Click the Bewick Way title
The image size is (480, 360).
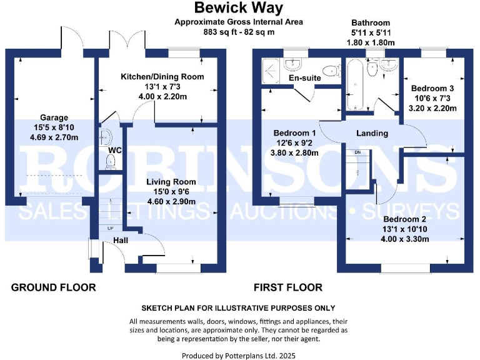click(x=239, y=7)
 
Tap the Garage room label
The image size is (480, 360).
click(x=54, y=117)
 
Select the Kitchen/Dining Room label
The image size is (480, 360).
click(x=162, y=76)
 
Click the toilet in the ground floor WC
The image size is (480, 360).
click(x=110, y=162)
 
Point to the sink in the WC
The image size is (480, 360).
click(x=106, y=137)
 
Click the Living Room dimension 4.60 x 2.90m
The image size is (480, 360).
click(x=171, y=201)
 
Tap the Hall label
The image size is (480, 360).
click(x=121, y=240)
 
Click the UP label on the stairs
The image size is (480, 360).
click(x=110, y=228)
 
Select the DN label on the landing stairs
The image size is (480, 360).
click(x=357, y=152)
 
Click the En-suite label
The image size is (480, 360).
click(x=305, y=77)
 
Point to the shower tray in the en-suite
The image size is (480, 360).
click(x=271, y=71)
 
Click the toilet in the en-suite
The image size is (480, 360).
click(x=331, y=71)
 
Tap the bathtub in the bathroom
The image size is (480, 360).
click(x=355, y=84)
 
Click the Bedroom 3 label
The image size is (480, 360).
click(x=432, y=89)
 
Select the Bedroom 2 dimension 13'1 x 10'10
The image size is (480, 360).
click(x=405, y=229)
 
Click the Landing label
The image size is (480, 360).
click(x=372, y=133)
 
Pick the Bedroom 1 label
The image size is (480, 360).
click(x=294, y=133)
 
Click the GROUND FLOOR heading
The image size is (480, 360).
click(x=54, y=287)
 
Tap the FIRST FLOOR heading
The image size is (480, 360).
click(x=288, y=287)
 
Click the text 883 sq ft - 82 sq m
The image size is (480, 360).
click(x=239, y=32)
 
